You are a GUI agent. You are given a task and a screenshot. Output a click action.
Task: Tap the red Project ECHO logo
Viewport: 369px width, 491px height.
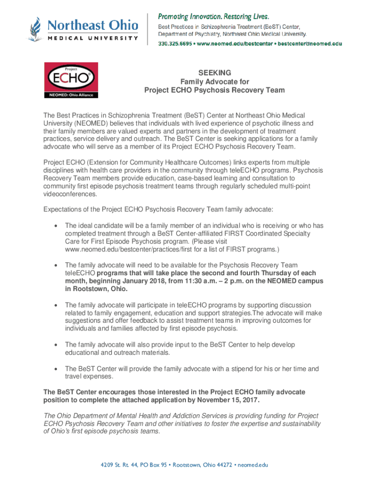[71, 80]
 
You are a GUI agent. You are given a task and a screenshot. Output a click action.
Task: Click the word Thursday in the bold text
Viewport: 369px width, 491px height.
[271, 273]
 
